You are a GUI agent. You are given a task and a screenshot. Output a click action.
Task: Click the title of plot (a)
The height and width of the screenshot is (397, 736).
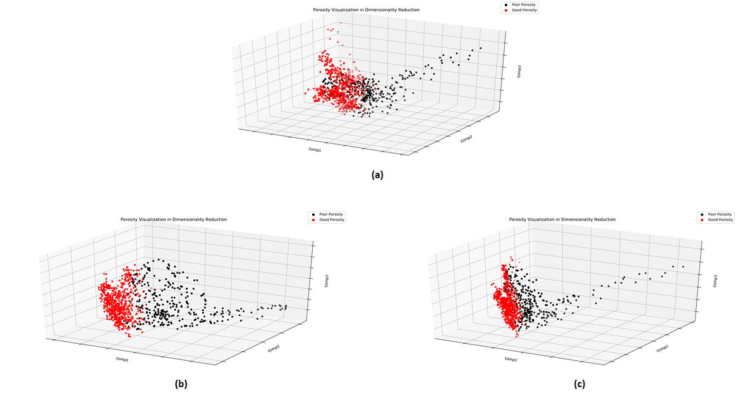pyautogui.click(x=367, y=10)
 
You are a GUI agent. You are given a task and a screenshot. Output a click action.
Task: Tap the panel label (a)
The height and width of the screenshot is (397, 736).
pyautogui.click(x=377, y=175)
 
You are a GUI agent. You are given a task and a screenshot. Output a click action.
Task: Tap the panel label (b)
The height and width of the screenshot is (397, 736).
pyautogui.click(x=181, y=384)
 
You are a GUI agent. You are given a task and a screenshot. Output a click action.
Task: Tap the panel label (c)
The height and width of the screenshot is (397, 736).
pyautogui.click(x=580, y=384)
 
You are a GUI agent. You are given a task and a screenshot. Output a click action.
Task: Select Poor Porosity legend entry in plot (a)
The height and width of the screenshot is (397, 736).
pyautogui.click(x=515, y=5)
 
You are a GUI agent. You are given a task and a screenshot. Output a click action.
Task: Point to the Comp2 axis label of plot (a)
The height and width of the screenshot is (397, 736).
pyautogui.click(x=466, y=140)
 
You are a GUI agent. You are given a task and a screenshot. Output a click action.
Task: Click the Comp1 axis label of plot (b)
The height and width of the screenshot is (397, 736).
pyautogui.click(x=122, y=359)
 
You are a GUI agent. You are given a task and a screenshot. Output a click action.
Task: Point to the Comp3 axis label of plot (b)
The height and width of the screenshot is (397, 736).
pyautogui.click(x=326, y=281)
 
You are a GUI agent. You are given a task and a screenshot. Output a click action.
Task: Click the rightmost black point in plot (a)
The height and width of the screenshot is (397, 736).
pyautogui.click(x=481, y=48)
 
